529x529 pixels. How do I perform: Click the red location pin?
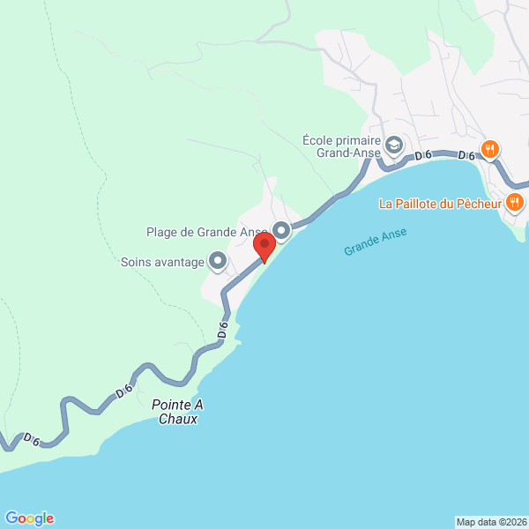point(263,246)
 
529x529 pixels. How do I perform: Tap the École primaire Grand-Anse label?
point(340,145)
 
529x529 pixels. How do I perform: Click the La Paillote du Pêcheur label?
point(440,204)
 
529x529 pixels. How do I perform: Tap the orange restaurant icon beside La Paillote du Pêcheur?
point(516,204)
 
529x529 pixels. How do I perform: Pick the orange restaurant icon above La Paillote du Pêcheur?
point(490,149)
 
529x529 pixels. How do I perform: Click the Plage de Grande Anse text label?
point(206,233)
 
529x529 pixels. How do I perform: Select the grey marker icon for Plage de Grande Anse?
point(282,232)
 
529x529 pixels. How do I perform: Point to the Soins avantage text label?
point(161,261)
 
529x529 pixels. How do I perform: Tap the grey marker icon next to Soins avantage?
point(217,261)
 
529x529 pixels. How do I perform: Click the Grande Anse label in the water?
point(376,242)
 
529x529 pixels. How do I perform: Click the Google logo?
point(29,518)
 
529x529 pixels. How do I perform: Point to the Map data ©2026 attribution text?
point(491,521)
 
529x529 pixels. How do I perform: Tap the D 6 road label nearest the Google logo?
point(33,438)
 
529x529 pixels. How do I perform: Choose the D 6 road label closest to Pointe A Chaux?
point(123,391)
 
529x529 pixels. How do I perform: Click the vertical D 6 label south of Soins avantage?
point(223,332)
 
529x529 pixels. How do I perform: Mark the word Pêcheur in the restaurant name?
point(480,204)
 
